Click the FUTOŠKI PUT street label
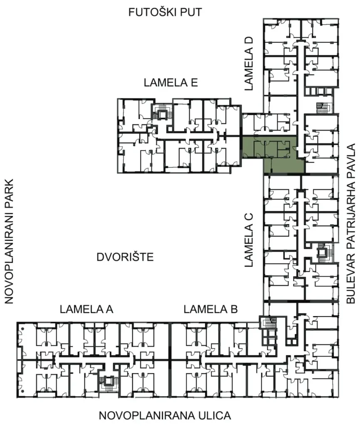click(x=165, y=12)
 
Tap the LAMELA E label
click(x=171, y=83)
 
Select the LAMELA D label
click(x=248, y=64)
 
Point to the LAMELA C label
click(x=248, y=240)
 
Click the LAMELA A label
click(x=87, y=309)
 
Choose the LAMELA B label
click(x=211, y=309)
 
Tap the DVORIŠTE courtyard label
click(x=125, y=257)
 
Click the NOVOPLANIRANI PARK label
click(x=9, y=241)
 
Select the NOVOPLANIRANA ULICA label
click(x=165, y=416)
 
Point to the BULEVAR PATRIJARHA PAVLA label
click(x=351, y=223)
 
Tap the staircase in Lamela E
click(x=162, y=112)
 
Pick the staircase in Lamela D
click(x=323, y=107)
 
